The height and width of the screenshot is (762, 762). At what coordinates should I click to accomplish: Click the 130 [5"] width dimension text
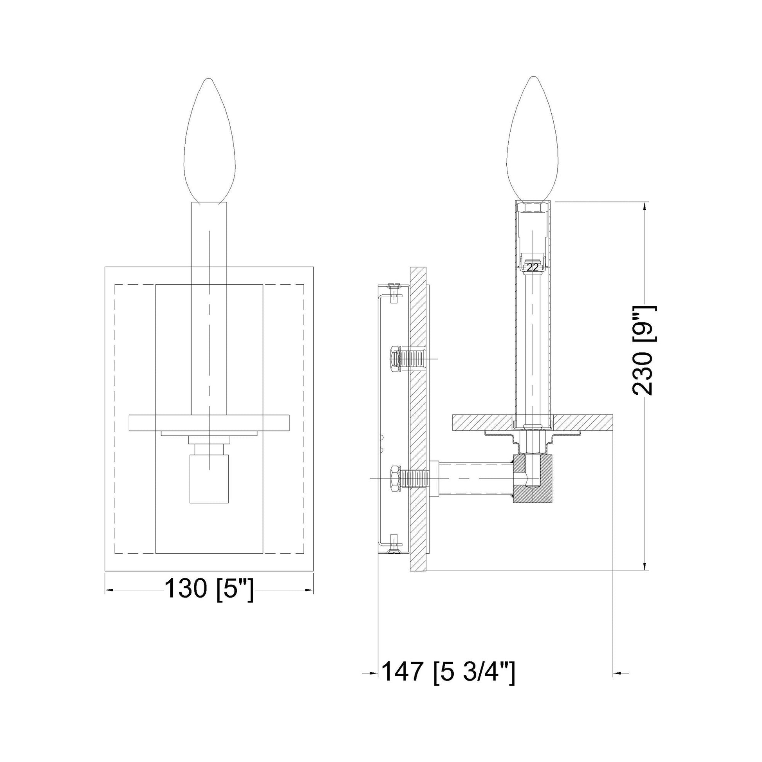(209, 600)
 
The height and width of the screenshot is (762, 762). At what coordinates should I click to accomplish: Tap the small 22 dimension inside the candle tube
(533, 268)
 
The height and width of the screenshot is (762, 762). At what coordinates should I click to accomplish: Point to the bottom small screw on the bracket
(393, 545)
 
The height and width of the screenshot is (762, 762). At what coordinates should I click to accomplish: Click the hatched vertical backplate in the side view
(418, 422)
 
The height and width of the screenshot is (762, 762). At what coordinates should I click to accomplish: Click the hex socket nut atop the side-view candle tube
(533, 208)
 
